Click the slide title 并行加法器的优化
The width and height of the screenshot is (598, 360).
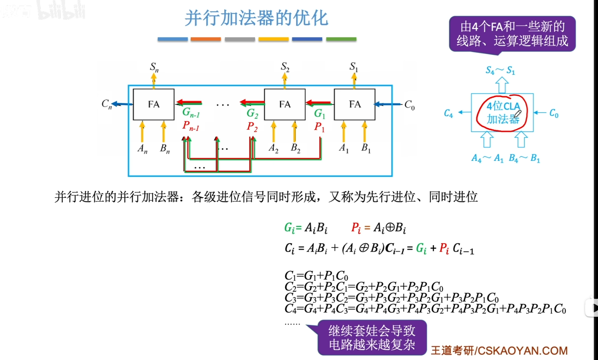256,18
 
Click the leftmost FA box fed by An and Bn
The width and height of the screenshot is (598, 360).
154,104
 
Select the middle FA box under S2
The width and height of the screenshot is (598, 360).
285,104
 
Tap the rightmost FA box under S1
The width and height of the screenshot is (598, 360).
355,104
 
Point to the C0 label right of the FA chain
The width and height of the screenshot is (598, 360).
409,105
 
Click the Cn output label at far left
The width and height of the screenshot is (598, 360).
106,104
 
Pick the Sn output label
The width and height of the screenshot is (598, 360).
154,67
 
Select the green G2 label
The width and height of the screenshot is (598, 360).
252,113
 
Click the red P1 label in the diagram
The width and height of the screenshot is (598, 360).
319,127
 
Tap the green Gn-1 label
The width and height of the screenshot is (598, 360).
191,112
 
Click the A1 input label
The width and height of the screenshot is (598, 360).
343,148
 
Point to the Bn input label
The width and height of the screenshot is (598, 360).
165,149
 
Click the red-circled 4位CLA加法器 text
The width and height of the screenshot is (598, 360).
503,113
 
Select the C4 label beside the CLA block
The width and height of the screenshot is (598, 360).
448,114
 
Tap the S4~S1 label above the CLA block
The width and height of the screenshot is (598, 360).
500,71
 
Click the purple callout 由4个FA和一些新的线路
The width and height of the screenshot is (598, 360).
512,34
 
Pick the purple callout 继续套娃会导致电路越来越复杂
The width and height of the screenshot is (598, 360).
372,337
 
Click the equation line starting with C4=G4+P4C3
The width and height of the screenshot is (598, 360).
425,309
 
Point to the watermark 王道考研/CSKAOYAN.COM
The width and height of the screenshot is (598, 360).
499,350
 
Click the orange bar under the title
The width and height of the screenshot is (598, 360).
205,39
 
